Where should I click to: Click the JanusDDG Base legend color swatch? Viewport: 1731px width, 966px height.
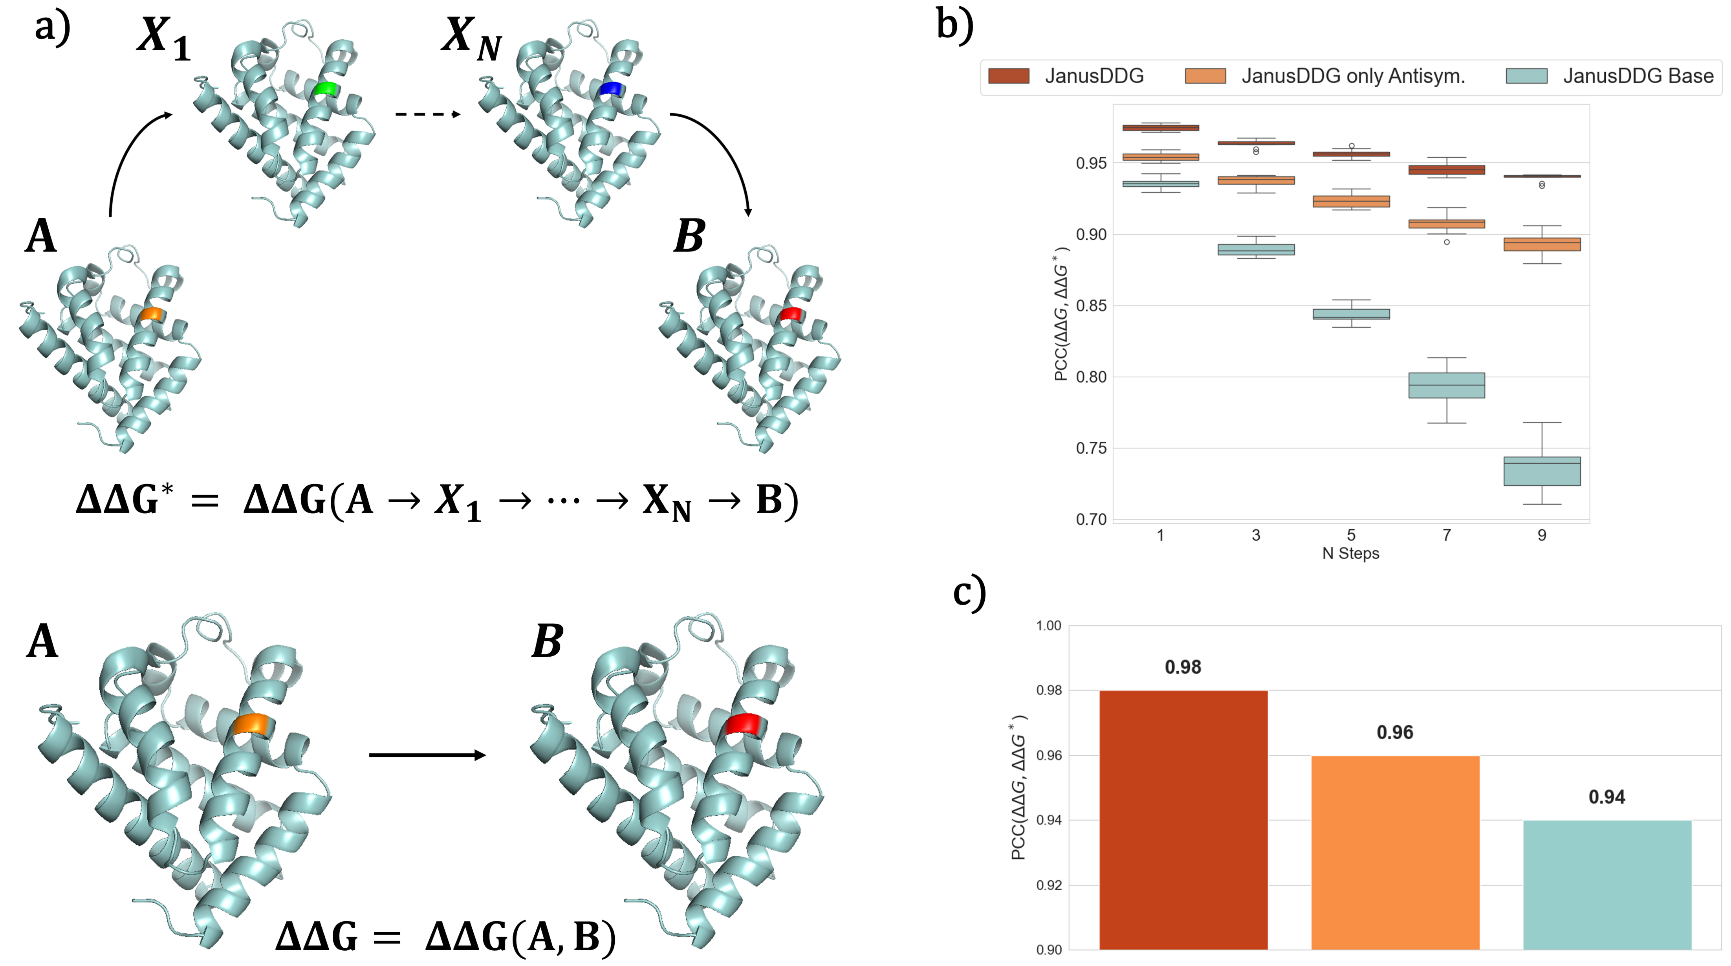[1527, 76]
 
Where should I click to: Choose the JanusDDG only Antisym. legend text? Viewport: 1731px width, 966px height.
[1353, 76]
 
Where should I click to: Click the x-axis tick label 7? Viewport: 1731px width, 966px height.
[1446, 535]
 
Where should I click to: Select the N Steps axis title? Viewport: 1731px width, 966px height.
[1351, 553]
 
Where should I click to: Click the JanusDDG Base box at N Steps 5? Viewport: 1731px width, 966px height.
[1351, 314]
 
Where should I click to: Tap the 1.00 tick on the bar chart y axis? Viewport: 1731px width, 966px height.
[1048, 626]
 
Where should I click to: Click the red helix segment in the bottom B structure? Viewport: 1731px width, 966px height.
[743, 725]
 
